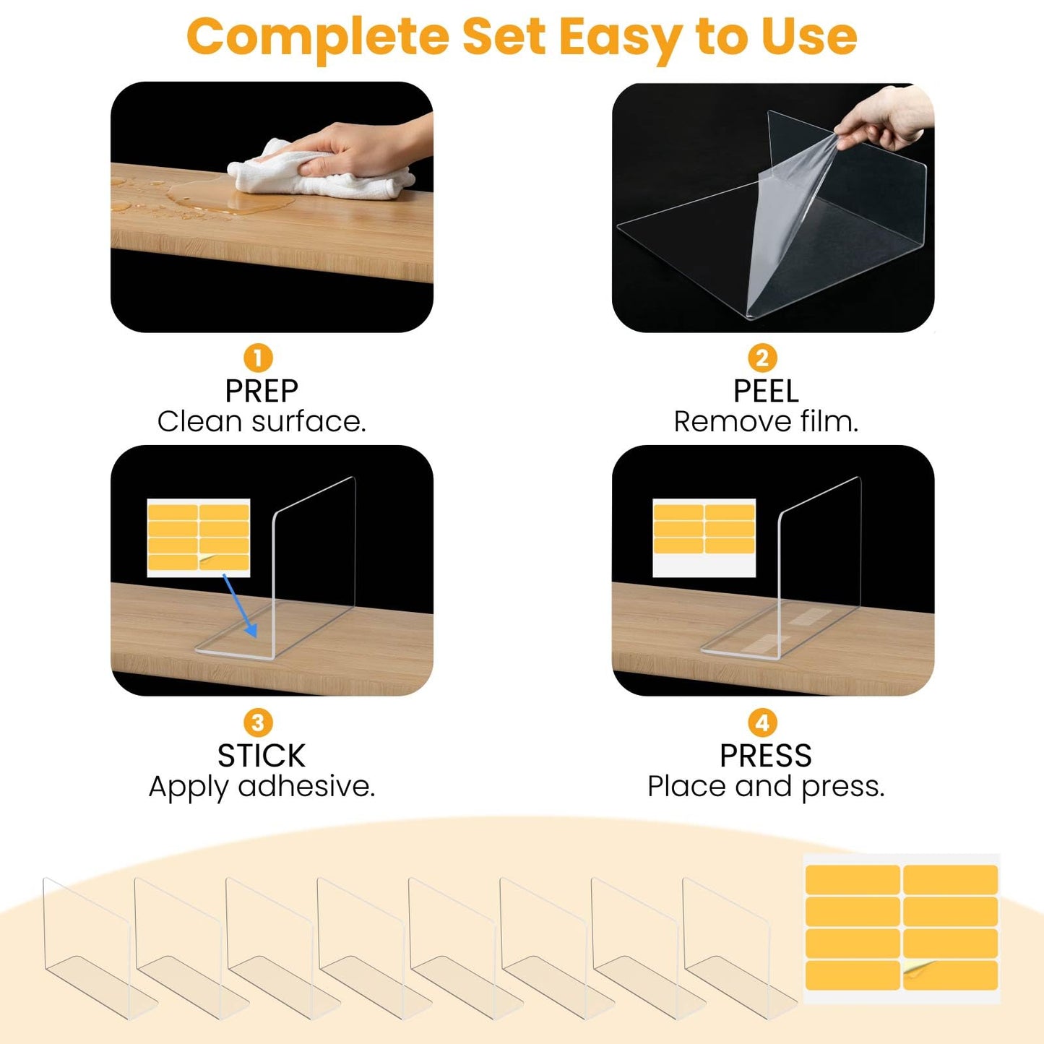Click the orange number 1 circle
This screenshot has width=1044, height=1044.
point(258,358)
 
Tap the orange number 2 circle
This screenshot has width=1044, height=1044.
point(762,358)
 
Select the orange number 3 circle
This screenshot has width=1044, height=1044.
point(258,722)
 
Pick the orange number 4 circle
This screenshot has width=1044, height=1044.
point(762,722)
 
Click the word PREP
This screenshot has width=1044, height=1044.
point(262,391)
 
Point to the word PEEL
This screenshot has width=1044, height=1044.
point(766,391)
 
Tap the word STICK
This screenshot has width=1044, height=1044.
point(262,755)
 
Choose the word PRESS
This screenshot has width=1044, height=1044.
point(766,755)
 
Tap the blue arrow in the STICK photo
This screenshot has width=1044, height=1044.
point(239,605)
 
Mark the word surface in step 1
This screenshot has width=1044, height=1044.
point(309,422)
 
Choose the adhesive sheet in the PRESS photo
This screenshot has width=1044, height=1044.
point(704,538)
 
